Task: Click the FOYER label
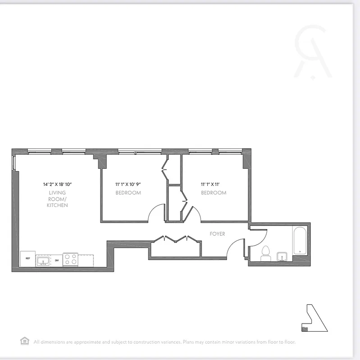tap(217, 234)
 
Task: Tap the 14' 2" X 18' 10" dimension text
tap(58, 184)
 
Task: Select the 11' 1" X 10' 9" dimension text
tap(131, 184)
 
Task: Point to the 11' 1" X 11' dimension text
tap(214, 184)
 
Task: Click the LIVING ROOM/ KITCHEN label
tap(57, 199)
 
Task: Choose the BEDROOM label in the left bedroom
tap(128, 193)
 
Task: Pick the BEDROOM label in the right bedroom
tap(214, 193)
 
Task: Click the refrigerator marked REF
tap(28, 259)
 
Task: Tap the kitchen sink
tap(43, 260)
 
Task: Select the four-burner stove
tap(70, 260)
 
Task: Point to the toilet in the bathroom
tap(265, 253)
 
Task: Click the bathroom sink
tap(283, 256)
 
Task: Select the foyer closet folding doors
tap(176, 239)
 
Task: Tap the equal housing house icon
tap(24, 341)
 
